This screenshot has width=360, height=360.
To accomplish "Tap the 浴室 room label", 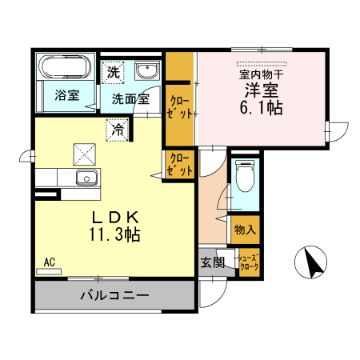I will pos(67,95).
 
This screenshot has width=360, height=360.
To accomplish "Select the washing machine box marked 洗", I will pos(114,71).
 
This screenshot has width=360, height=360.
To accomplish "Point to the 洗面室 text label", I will pos(130,100).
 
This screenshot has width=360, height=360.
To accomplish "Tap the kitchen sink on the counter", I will pos(86,177).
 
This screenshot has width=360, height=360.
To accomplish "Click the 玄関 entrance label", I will pos(212,262).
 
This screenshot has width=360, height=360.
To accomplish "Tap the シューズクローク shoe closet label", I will pos(250,262).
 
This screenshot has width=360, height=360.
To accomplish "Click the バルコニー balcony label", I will pos(114,296).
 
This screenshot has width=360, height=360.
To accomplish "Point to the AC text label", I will pos(49,262).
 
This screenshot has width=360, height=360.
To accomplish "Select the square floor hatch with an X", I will pos(84,152).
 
